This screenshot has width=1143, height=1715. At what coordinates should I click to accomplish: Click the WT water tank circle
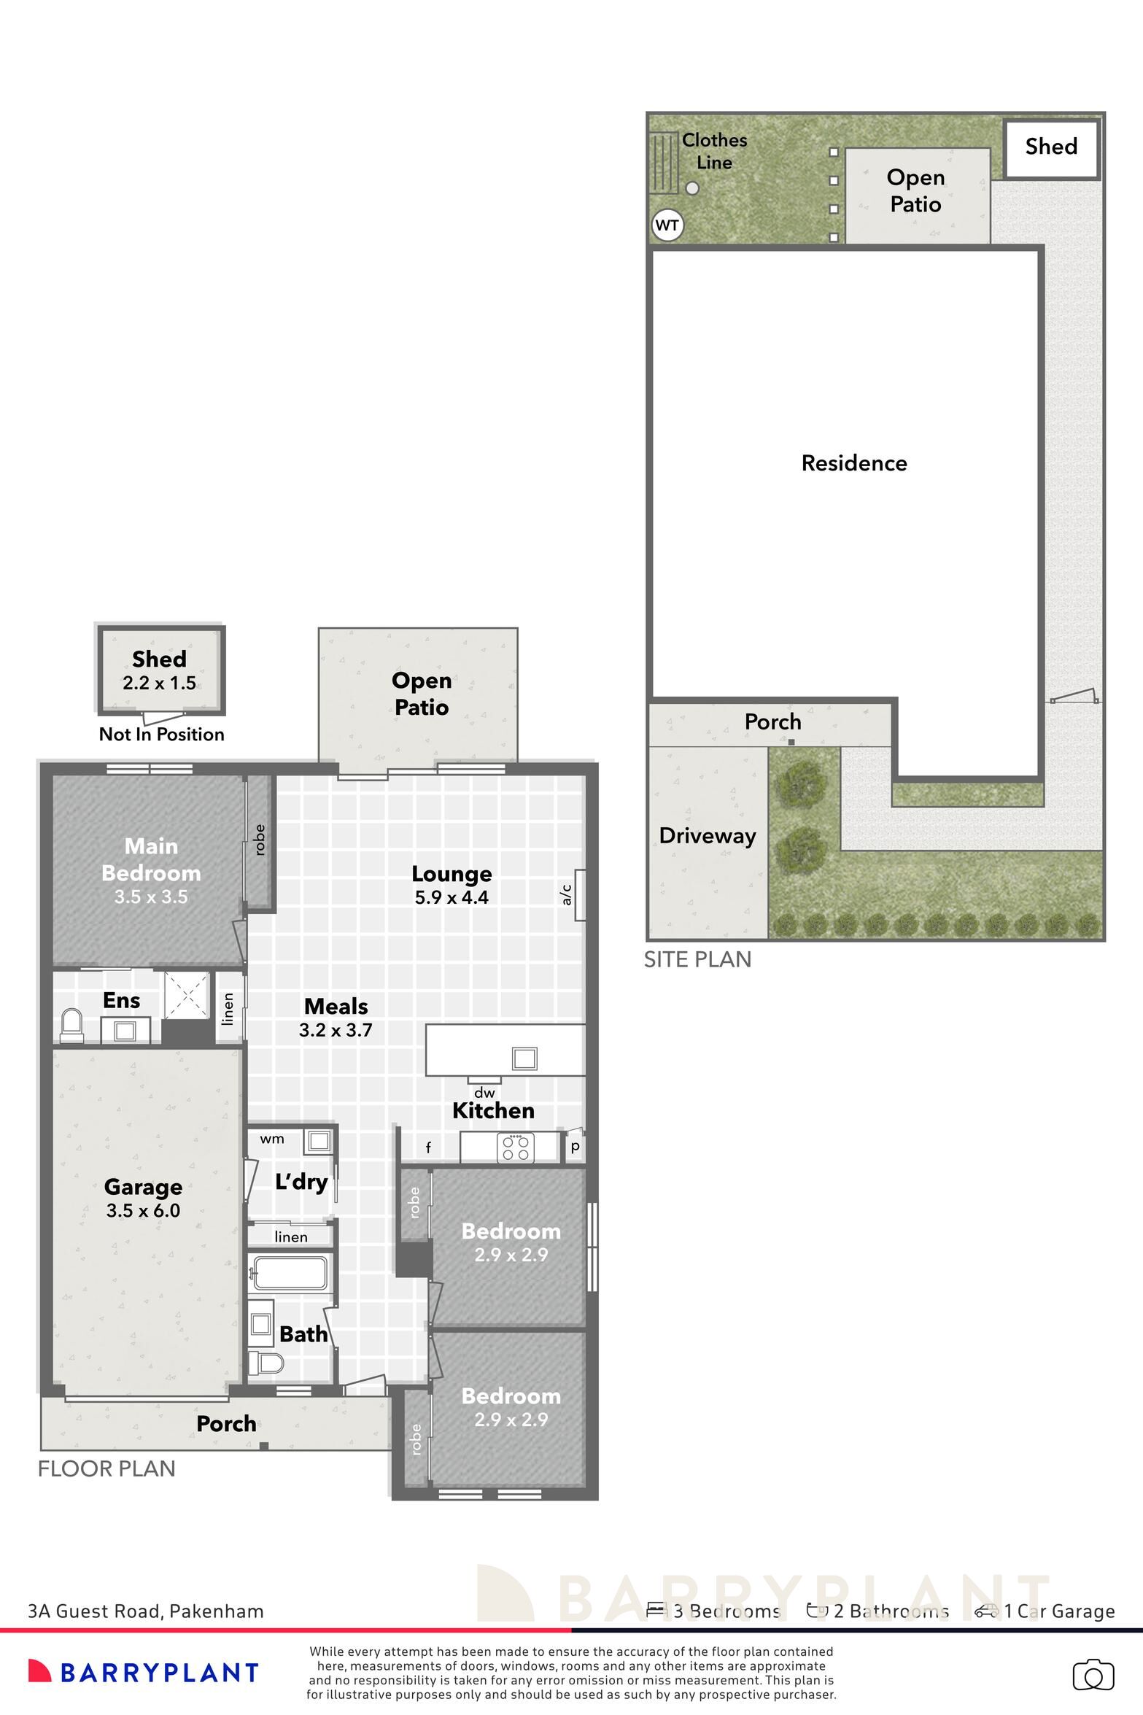coord(667,225)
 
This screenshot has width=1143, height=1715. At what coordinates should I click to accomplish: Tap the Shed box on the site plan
coord(1051,149)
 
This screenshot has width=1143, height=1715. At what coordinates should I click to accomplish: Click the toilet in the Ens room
coord(71,1025)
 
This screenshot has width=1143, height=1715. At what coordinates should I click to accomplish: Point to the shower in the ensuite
coord(186,995)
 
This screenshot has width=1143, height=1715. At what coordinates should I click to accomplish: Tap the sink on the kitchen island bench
coord(524,1058)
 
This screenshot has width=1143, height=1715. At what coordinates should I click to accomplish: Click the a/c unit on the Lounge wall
coord(580,895)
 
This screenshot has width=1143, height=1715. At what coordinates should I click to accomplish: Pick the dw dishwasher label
coord(484,1092)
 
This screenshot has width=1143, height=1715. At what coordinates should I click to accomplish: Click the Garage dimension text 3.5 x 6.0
coord(143,1210)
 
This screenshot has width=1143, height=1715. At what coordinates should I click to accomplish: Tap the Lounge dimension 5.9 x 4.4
coord(452,897)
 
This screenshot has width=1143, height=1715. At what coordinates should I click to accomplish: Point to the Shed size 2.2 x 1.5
coord(159,683)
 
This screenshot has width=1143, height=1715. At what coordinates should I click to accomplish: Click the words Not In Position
coord(162,734)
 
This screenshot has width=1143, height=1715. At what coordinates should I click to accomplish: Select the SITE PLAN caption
coord(697,959)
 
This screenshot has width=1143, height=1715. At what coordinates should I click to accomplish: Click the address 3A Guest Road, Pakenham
coord(146,1611)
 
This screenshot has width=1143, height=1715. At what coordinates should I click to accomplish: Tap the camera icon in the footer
coord(1093,1675)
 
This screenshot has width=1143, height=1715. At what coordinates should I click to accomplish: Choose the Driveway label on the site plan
coord(708,836)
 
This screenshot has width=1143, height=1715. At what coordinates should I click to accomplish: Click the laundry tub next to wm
coord(318,1140)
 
